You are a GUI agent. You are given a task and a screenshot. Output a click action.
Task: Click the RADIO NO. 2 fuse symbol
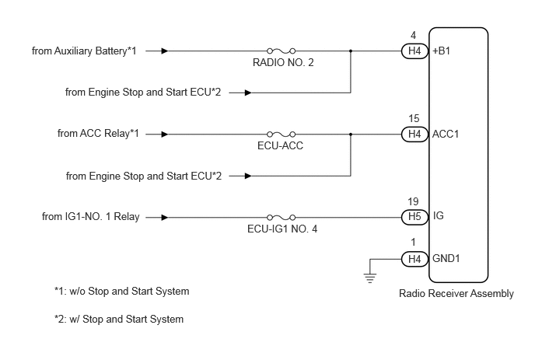(x=281, y=51)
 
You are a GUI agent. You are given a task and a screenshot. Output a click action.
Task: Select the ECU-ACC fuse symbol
(x=281, y=135)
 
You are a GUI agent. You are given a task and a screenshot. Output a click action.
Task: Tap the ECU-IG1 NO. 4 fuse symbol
(x=281, y=218)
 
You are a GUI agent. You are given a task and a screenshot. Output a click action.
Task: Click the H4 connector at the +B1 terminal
(x=414, y=51)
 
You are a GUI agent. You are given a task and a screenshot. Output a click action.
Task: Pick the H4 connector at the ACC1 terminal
(x=414, y=134)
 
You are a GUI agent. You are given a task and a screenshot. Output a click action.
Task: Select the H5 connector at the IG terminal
(x=414, y=217)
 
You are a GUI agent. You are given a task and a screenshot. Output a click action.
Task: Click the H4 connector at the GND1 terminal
(x=414, y=259)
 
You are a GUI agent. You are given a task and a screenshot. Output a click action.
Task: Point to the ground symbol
(x=370, y=278)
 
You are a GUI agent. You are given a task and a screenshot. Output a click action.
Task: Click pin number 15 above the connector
(x=414, y=118)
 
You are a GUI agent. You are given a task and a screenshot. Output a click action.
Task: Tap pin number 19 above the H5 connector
(x=413, y=201)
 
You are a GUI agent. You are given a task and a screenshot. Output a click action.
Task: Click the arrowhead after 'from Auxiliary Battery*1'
(x=164, y=51)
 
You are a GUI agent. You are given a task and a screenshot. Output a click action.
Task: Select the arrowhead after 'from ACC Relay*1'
(x=164, y=135)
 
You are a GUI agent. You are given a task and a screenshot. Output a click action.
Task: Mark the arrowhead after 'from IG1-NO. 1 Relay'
(x=164, y=218)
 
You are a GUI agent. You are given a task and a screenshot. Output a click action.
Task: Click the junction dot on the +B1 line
(x=351, y=51)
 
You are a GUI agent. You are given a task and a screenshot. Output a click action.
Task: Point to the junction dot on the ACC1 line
(x=351, y=135)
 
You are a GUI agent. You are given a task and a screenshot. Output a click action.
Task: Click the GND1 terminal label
(x=446, y=258)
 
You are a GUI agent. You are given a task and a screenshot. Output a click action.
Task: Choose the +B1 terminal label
(x=441, y=51)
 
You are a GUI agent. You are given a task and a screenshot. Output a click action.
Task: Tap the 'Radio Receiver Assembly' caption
(x=456, y=293)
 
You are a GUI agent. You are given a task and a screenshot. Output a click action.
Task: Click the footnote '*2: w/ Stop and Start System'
(x=119, y=319)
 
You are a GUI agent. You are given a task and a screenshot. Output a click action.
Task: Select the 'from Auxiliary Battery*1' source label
(x=84, y=51)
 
